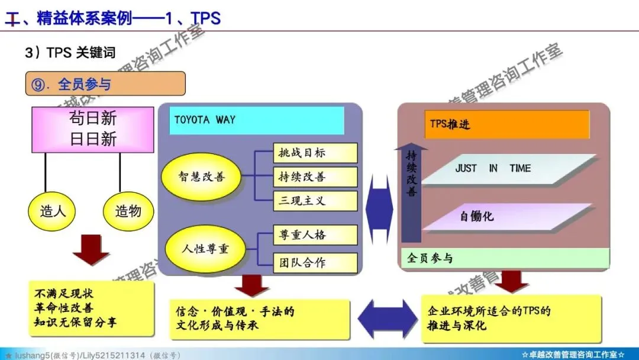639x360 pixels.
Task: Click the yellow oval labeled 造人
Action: (x=53, y=211)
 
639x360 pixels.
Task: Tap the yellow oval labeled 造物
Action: (x=128, y=211)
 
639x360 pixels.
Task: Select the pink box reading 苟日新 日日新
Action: (x=93, y=128)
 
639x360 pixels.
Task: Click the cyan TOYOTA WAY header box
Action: (x=256, y=120)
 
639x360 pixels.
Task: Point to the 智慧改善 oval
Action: (x=202, y=176)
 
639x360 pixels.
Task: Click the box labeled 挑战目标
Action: (x=315, y=153)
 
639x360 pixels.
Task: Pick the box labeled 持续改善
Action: (x=315, y=176)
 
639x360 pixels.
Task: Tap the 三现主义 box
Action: (x=315, y=201)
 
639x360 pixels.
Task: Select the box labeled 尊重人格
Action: (x=315, y=235)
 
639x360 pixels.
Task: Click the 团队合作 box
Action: (x=315, y=263)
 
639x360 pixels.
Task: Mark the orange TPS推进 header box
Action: (x=506, y=125)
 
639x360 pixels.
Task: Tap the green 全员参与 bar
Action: (x=506, y=258)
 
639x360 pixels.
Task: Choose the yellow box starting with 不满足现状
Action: (x=92, y=308)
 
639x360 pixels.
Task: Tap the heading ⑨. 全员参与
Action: (x=105, y=84)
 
